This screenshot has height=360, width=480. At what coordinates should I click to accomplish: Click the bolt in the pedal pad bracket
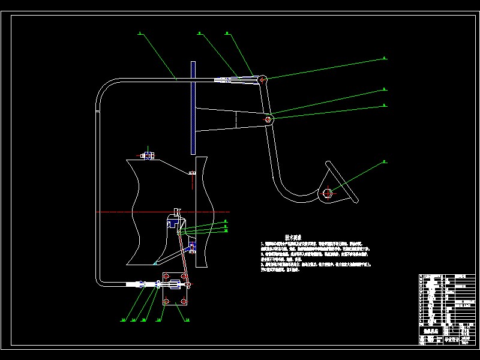click(327, 193)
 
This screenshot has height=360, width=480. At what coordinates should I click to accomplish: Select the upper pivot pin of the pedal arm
click(262, 79)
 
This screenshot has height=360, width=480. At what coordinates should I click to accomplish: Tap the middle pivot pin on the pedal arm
click(268, 119)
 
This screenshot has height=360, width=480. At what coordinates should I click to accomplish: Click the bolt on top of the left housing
click(148, 155)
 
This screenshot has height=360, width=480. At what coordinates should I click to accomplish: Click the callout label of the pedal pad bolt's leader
click(385, 162)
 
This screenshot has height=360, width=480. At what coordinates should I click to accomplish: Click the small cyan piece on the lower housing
click(155, 263)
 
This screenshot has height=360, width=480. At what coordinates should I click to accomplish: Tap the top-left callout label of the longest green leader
click(140, 34)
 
